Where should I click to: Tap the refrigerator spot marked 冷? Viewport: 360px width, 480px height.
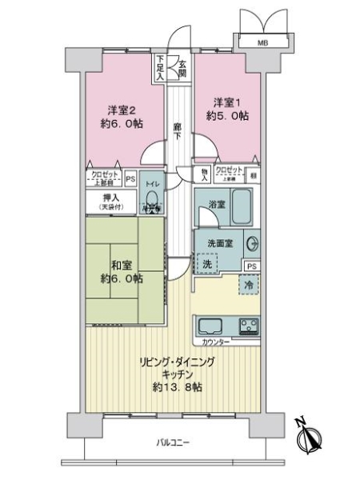[x=250, y=284]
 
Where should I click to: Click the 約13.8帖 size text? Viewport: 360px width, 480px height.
[x=179, y=386]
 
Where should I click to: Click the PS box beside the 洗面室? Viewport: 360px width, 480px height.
[x=251, y=266]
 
